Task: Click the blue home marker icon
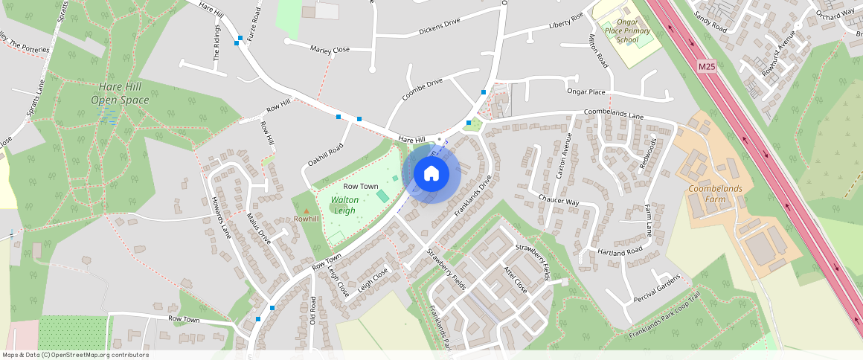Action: click(x=431, y=173)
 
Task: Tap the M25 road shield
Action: click(x=707, y=67)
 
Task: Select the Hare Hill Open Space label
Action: click(x=120, y=93)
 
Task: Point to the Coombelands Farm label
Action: click(x=715, y=194)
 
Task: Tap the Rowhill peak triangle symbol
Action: click(x=306, y=212)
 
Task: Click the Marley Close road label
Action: click(x=330, y=50)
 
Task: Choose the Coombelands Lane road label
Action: click(x=614, y=116)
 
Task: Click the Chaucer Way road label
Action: click(x=558, y=201)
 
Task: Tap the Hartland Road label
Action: click(x=619, y=251)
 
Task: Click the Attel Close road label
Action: click(x=515, y=279)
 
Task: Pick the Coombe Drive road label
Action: click(x=422, y=89)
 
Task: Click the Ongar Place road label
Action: click(x=586, y=91)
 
